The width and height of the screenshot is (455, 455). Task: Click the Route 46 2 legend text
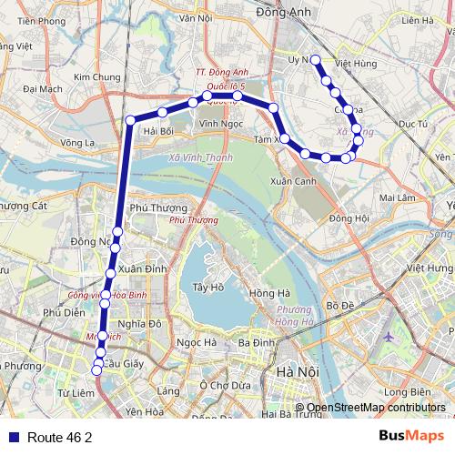click(59, 438)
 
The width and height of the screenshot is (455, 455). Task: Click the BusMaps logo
click(412, 437)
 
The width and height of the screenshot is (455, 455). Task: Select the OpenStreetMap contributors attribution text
click(376, 408)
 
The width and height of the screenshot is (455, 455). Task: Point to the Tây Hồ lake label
click(207, 288)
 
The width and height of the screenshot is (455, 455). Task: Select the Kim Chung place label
click(97, 78)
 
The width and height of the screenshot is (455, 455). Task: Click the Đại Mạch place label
click(43, 89)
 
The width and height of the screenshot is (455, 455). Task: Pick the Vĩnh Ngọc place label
click(219, 122)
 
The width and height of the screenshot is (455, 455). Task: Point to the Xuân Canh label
click(293, 181)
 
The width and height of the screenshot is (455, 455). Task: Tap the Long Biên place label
click(407, 392)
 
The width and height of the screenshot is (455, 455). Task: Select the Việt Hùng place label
click(356, 65)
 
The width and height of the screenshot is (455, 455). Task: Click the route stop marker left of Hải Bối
click(130, 120)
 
